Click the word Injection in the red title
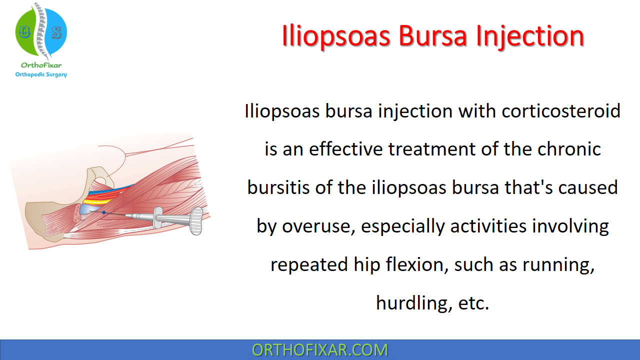click(x=530, y=36)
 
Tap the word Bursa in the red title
click(x=433, y=36)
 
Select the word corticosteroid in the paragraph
click(x=561, y=111)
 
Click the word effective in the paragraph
click(x=345, y=149)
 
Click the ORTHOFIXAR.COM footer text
click(x=319, y=350)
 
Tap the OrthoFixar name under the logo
click(x=41, y=65)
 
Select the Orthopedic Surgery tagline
click(x=41, y=74)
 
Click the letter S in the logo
click(x=57, y=33)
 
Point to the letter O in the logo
click(x=24, y=32)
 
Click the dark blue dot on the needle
click(x=104, y=212)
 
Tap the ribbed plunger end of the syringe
click(x=196, y=221)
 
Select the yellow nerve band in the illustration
click(x=97, y=201)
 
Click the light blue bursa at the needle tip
click(x=87, y=210)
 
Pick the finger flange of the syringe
click(x=157, y=217)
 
